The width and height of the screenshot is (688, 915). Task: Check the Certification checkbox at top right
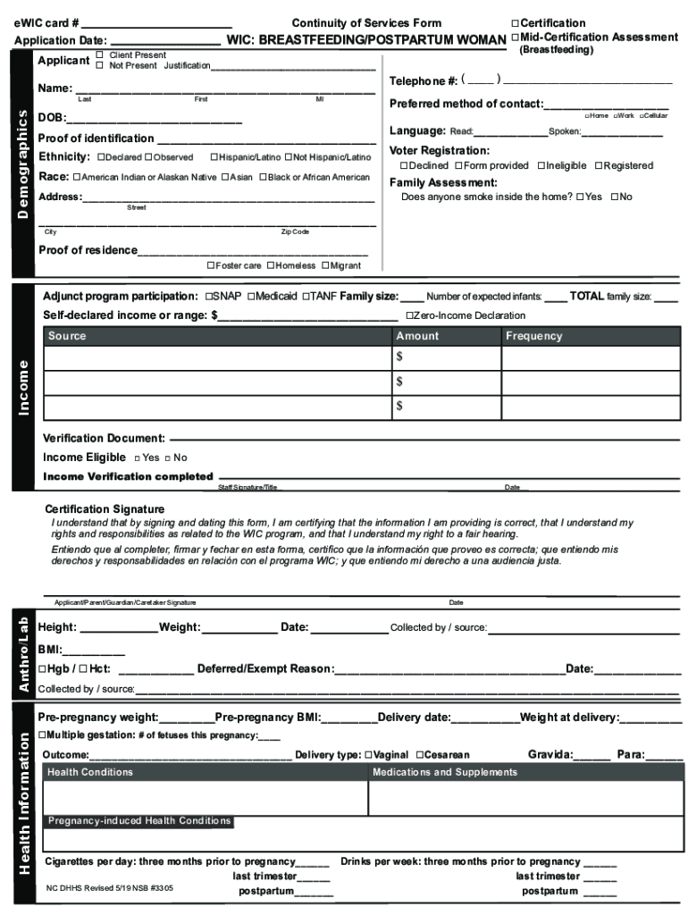515,23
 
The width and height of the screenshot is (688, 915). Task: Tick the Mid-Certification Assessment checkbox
515,37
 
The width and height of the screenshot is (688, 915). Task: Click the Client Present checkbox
100,55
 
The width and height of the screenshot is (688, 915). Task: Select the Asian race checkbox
225,177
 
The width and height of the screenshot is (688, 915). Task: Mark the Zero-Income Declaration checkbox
409,315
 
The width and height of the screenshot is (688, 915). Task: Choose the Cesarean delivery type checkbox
416,755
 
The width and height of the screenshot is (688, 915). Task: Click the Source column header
67,336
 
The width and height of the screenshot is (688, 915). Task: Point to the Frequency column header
533,336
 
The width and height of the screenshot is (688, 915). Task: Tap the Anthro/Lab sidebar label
24,656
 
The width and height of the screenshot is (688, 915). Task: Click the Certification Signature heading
105,509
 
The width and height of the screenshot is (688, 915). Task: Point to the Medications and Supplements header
444,772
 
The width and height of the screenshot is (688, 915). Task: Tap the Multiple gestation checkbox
41,735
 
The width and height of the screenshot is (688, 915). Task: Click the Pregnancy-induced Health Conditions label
138,820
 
